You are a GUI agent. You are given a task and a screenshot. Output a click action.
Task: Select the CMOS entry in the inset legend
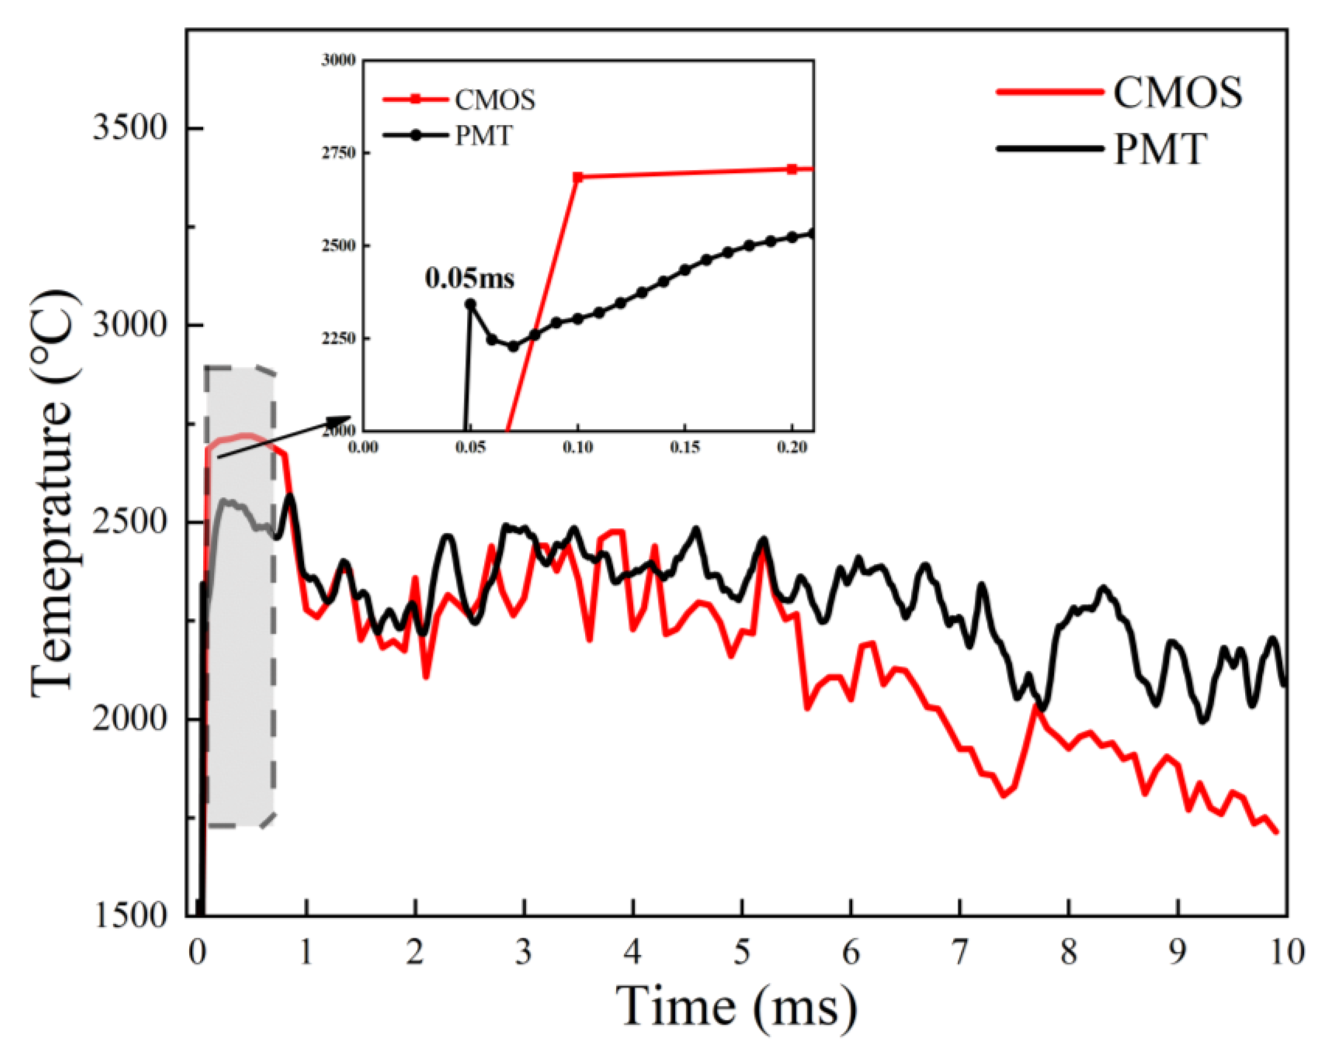pyautogui.click(x=495, y=100)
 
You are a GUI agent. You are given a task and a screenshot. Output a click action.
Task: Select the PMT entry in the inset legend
pyautogui.click(x=483, y=136)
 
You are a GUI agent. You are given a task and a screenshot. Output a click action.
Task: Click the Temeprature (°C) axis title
pyautogui.click(x=54, y=495)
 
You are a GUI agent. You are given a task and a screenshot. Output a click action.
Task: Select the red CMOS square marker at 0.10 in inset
pyautogui.click(x=578, y=177)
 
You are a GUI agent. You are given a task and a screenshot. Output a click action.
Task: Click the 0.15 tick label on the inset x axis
pyautogui.click(x=684, y=447)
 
